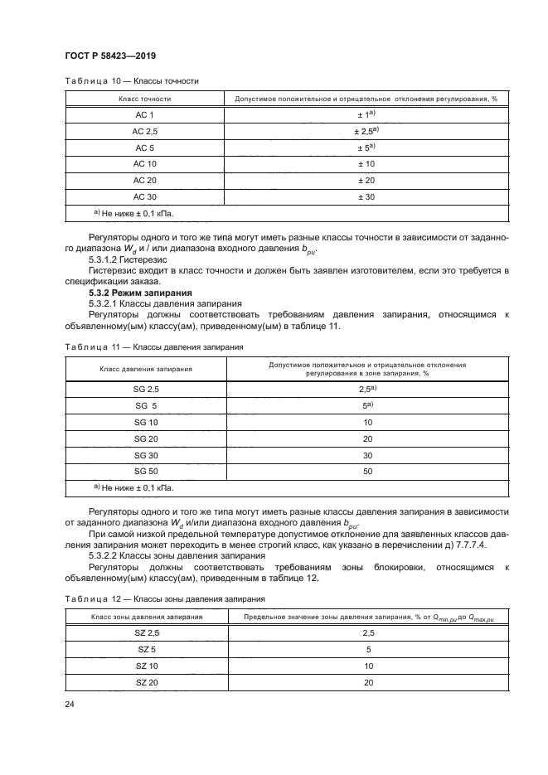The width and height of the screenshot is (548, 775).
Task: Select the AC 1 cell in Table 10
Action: click(x=144, y=114)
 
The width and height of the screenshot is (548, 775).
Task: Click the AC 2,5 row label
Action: click(x=144, y=131)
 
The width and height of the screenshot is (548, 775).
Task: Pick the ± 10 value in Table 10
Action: click(x=366, y=164)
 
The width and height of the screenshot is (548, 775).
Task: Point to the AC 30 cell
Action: click(x=144, y=196)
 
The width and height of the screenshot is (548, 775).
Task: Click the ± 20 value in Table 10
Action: click(x=366, y=181)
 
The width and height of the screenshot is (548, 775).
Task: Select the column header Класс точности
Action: click(x=144, y=99)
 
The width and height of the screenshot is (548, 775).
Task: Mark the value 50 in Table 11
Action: click(x=366, y=471)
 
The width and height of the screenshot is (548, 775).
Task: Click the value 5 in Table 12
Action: click(x=367, y=650)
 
